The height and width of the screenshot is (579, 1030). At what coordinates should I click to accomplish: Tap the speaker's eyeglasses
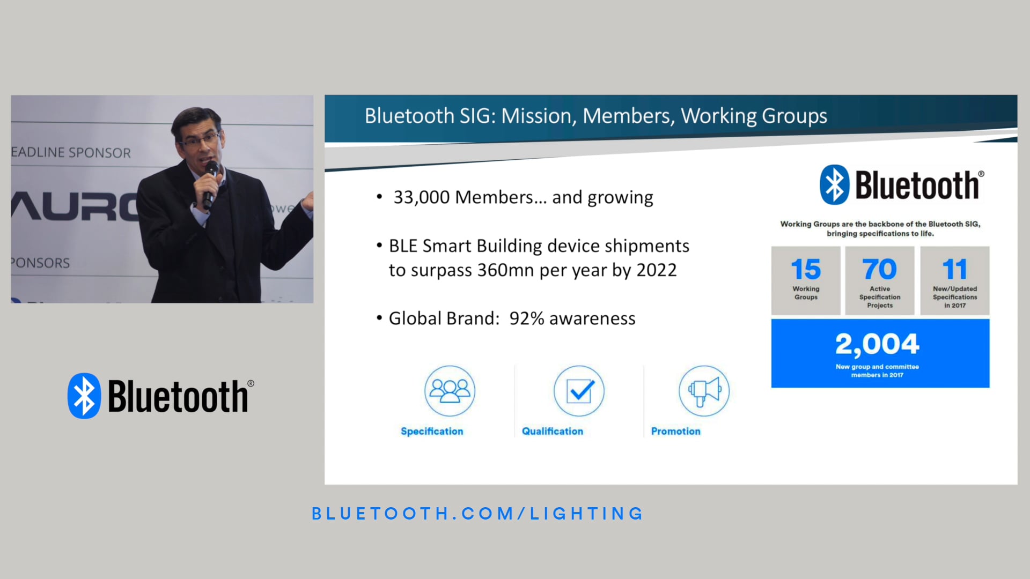pyautogui.click(x=201, y=140)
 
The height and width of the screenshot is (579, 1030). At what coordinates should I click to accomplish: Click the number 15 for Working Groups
pyautogui.click(x=806, y=269)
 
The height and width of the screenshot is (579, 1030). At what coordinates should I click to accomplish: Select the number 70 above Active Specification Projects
pyautogui.click(x=879, y=269)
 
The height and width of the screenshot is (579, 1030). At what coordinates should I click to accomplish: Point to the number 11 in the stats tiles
pyautogui.click(x=954, y=269)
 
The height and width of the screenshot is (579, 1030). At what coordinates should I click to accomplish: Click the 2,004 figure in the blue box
pyautogui.click(x=877, y=344)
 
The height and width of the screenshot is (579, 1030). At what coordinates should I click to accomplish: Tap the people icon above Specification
pyautogui.click(x=450, y=391)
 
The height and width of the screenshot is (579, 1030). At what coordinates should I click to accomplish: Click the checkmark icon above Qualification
pyautogui.click(x=579, y=391)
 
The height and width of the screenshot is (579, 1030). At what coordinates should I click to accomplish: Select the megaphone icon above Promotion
pyautogui.click(x=704, y=391)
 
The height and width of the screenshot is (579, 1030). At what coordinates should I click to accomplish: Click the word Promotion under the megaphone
pyautogui.click(x=675, y=431)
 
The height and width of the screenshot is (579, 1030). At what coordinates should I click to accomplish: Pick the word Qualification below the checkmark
pyautogui.click(x=552, y=431)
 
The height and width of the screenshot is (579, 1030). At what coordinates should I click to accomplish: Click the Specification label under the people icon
pyautogui.click(x=432, y=431)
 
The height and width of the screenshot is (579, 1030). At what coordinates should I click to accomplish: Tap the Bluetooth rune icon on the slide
pyautogui.click(x=834, y=185)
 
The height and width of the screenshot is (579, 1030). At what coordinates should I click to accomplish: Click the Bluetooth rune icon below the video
pyautogui.click(x=84, y=396)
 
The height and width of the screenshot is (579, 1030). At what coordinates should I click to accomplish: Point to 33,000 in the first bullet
pyautogui.click(x=422, y=197)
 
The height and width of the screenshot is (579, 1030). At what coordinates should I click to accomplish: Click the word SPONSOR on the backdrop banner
pyautogui.click(x=100, y=153)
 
